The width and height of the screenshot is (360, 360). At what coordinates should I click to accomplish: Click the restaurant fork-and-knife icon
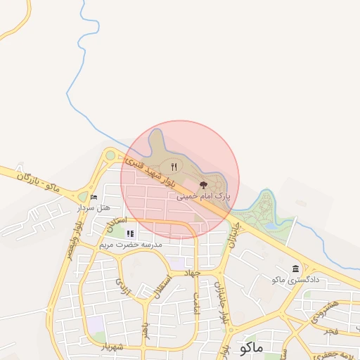tap(174, 167)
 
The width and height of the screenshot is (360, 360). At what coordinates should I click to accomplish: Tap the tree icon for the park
tap(204, 185)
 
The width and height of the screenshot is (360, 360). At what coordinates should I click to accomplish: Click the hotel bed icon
tap(94, 198)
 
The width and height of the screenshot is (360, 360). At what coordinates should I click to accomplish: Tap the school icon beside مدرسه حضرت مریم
tap(130, 233)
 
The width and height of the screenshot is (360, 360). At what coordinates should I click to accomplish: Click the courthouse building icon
tap(295, 269)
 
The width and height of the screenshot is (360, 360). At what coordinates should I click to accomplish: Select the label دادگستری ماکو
tap(295, 280)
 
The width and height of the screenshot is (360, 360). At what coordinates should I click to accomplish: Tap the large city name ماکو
tap(250, 347)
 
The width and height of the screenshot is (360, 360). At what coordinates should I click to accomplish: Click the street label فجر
tap(330, 330)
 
